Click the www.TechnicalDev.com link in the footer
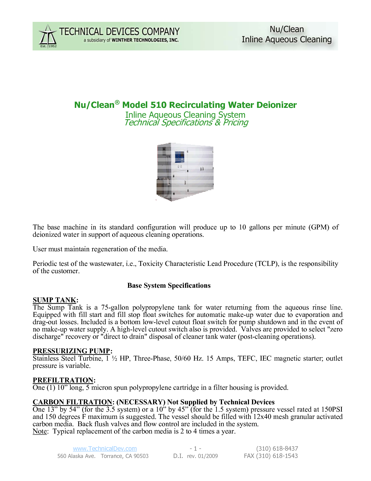pyautogui.click(x=105, y=449)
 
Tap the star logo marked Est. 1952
pyautogui.click(x=48, y=36)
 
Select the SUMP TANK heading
pyautogui.click(x=54, y=300)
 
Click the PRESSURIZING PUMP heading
pyautogui.click(x=71, y=351)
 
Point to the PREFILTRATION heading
pyautogui.click(x=63, y=380)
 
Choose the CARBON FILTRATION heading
pyautogui.click(x=72, y=402)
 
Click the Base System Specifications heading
pyautogui.click(x=169, y=285)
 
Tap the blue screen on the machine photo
pyautogui.click(x=180, y=157)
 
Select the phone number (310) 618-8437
pyautogui.click(x=277, y=449)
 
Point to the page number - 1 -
pyautogui.click(x=195, y=449)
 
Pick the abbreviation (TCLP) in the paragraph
pyautogui.click(x=267, y=264)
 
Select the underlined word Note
pyautogui.click(x=40, y=431)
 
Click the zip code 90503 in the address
pyautogui.click(x=141, y=456)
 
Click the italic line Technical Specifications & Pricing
pyautogui.click(x=186, y=122)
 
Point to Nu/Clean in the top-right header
pyautogui.click(x=287, y=29)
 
